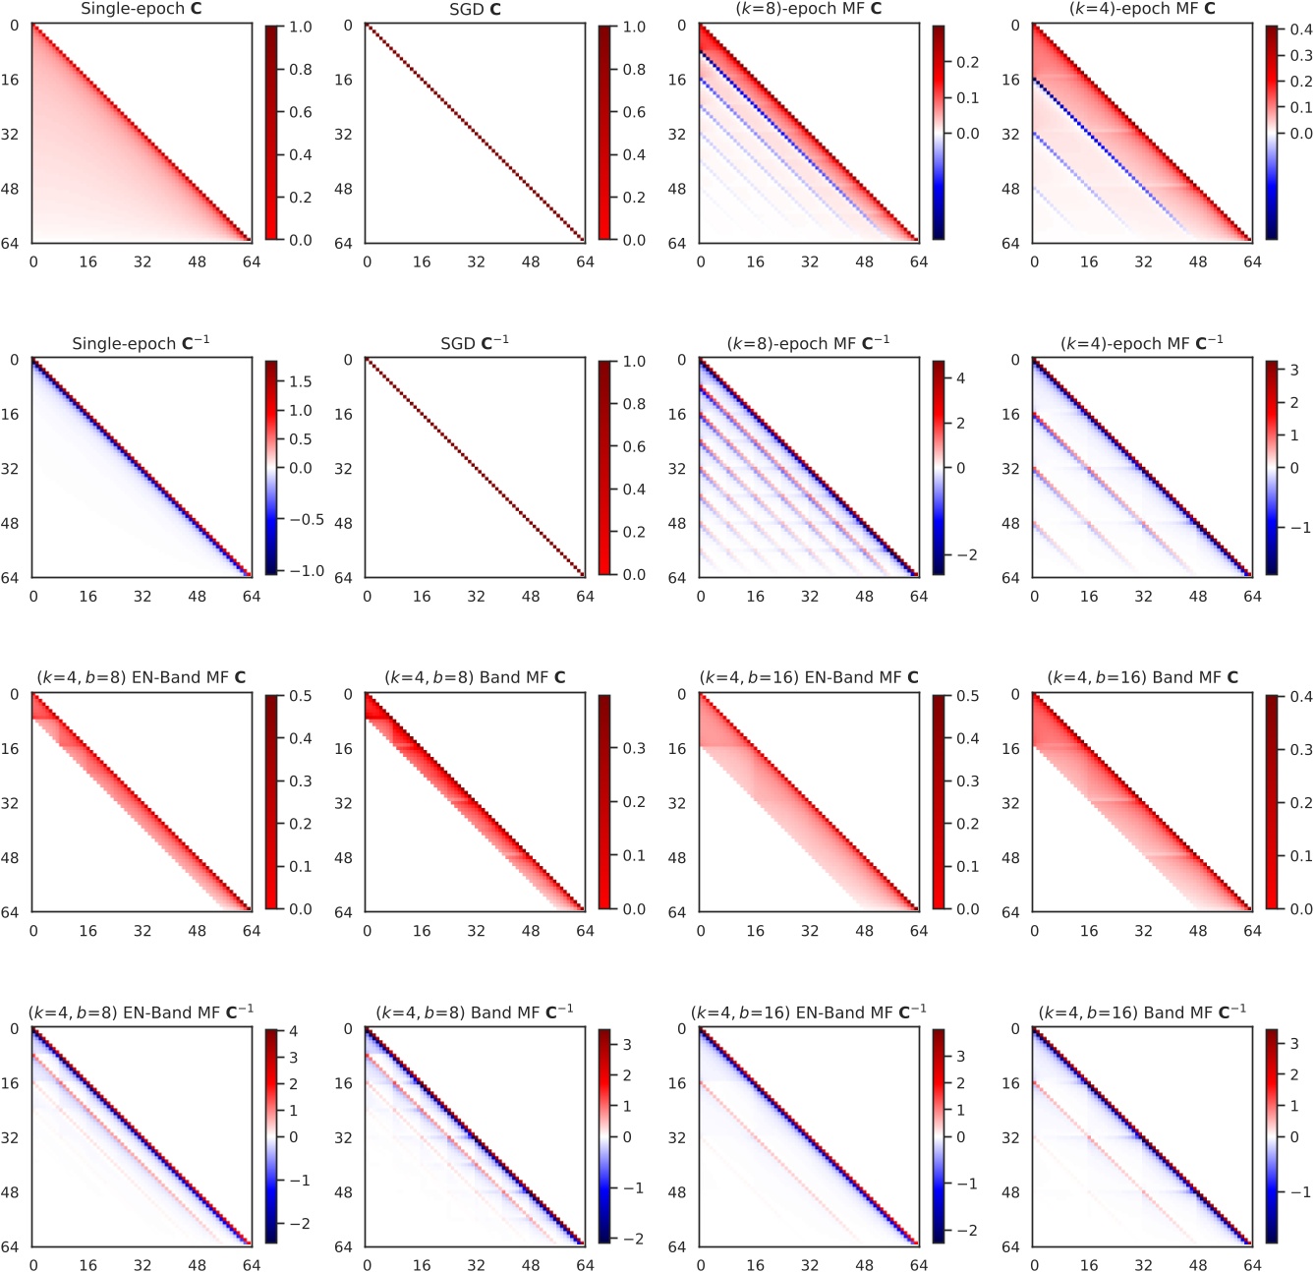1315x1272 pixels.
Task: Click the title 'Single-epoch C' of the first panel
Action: coord(142,9)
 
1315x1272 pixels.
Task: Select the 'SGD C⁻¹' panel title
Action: coord(475,343)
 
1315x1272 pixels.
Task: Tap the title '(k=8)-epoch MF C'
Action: coord(809,9)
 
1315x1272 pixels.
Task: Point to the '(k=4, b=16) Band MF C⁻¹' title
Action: coord(1142,1012)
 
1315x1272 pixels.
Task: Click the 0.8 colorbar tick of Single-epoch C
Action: coord(301,70)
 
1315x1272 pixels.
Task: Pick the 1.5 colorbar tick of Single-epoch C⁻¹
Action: coord(301,381)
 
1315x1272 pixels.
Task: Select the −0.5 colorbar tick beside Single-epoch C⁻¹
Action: coord(305,519)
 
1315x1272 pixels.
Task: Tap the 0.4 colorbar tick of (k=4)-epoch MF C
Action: coord(1301,30)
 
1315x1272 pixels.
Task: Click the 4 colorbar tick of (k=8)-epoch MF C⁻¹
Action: coord(960,378)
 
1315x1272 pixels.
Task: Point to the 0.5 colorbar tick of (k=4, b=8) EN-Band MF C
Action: coord(301,696)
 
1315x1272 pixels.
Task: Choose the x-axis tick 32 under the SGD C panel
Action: coord(476,262)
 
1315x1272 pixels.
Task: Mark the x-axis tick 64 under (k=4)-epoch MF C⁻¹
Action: coord(1251,597)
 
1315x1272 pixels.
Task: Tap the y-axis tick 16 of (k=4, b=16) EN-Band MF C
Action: coord(678,749)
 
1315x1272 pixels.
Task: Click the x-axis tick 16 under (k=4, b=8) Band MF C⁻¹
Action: coord(422,1265)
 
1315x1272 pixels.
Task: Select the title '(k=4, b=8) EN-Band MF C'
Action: coord(142,677)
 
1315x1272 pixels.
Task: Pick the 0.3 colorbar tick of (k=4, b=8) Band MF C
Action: coord(634,748)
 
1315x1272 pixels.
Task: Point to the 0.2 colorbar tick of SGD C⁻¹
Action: coord(634,532)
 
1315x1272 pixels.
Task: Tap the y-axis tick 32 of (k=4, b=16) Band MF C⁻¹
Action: coord(1011,1138)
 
